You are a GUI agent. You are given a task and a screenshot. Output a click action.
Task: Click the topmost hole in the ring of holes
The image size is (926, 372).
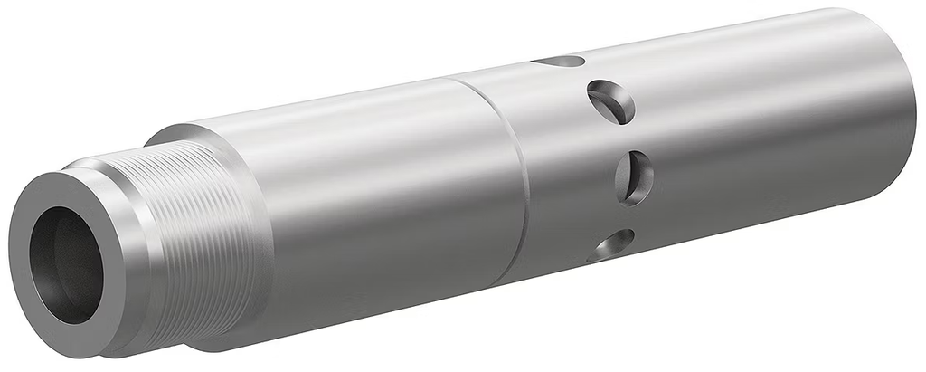coord(559,62)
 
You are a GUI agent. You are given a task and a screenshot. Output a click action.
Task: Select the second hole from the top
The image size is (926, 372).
coord(611,101)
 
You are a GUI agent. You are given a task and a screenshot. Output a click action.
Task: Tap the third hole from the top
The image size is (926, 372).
coord(633,176)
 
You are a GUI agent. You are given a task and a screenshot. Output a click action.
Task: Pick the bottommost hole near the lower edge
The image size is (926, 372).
coord(612,244)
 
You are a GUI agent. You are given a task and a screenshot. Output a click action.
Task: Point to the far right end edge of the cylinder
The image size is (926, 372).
coord(908,100)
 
